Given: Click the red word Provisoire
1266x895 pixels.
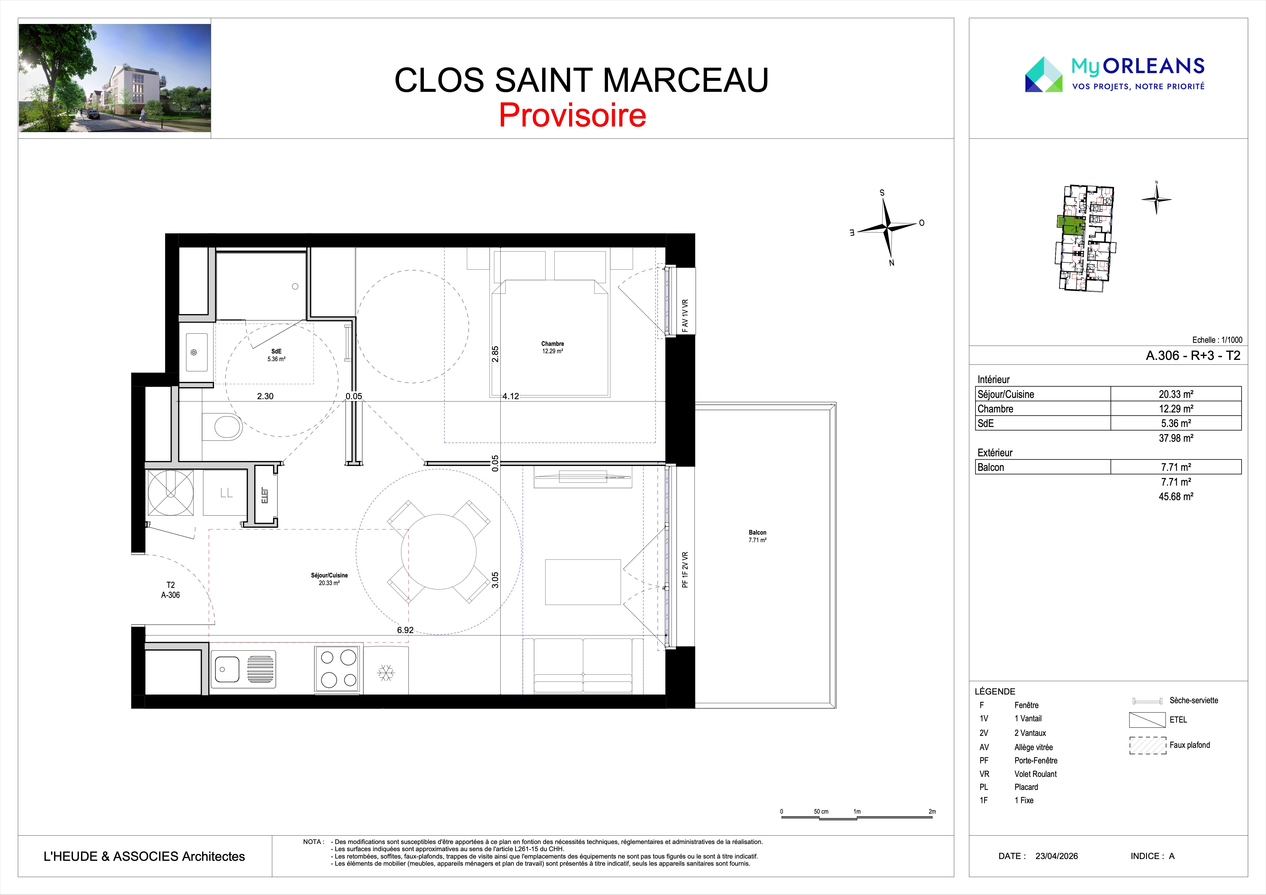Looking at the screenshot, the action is tap(572, 115).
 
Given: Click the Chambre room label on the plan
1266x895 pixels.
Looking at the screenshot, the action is tap(552, 344).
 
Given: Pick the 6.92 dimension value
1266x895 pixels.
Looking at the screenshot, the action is tap(405, 630).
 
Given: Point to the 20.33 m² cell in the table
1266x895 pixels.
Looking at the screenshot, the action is tap(1176, 394).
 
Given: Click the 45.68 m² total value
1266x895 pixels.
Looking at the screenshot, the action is tap(1176, 497).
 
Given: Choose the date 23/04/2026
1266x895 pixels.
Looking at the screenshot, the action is tap(1057, 856).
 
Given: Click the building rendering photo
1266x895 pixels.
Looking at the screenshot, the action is tap(115, 78).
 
